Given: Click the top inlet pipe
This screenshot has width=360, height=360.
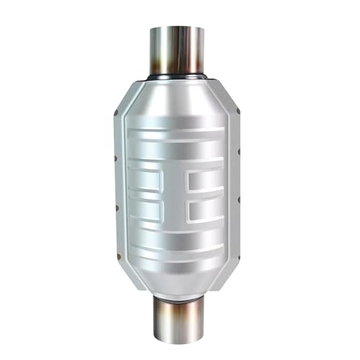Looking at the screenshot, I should click(x=179, y=50).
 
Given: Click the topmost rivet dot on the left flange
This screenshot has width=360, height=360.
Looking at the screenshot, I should click(x=117, y=113).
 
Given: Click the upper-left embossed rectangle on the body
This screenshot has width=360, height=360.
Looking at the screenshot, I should click(x=147, y=180).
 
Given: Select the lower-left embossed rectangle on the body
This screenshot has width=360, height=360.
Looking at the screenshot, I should click(x=147, y=210).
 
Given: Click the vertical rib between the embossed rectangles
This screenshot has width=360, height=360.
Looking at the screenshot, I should click(x=178, y=194).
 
